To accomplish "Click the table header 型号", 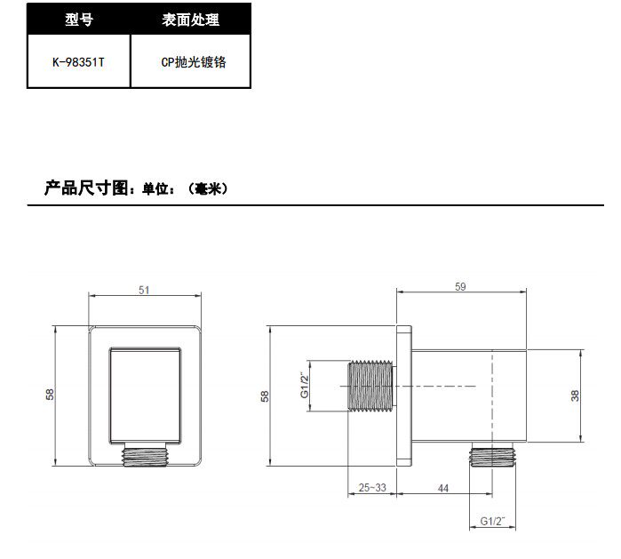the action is (x=79, y=20).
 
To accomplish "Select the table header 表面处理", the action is (x=191, y=20).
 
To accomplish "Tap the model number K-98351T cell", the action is (x=79, y=63).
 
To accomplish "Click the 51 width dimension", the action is (x=144, y=290).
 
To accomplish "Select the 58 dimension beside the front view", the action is (x=51, y=394).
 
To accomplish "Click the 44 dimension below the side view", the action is (x=443, y=488).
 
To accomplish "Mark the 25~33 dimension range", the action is (x=372, y=488).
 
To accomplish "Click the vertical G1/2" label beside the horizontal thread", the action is (x=303, y=385).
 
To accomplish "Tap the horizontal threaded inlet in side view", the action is (x=370, y=387).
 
